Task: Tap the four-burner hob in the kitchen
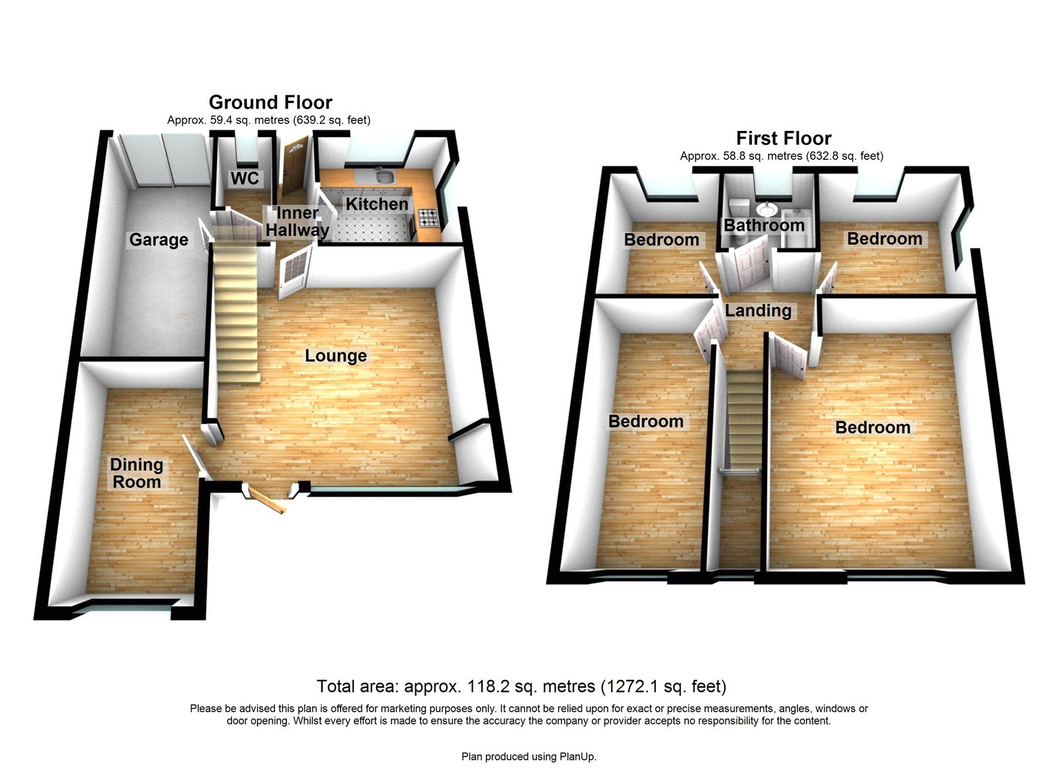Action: point(426,216)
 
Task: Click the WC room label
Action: point(245,179)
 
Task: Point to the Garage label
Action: point(159,239)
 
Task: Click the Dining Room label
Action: point(137,473)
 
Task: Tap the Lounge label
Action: point(336,356)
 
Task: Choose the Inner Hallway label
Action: point(298,222)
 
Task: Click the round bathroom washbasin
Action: point(766,209)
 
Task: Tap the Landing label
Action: point(758,311)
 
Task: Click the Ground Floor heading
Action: point(270,102)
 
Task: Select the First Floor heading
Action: point(784,138)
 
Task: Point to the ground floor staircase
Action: point(235,311)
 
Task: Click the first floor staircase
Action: point(745,417)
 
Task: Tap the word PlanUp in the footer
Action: point(577,756)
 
